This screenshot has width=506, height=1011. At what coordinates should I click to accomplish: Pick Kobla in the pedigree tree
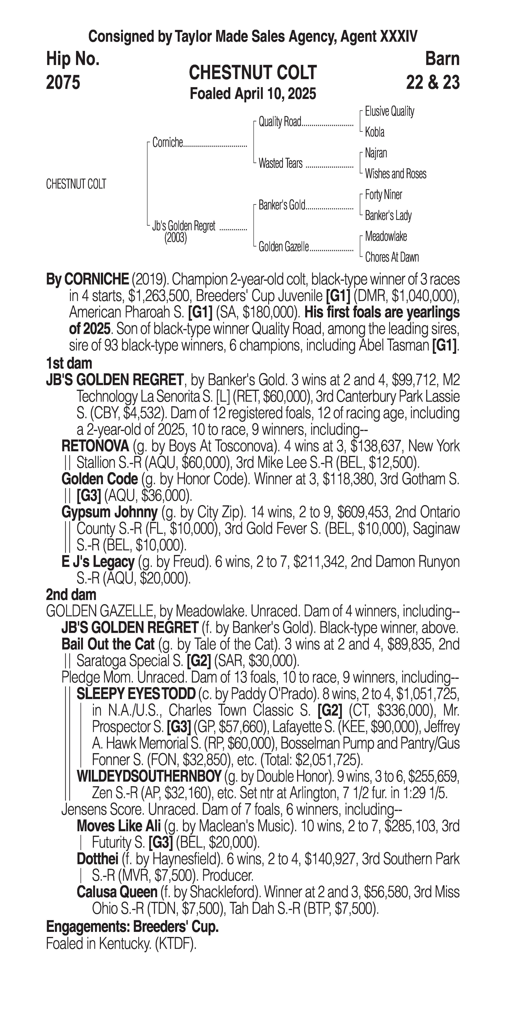pyautogui.click(x=375, y=132)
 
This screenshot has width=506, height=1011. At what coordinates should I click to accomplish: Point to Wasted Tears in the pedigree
pyautogui.click(x=280, y=163)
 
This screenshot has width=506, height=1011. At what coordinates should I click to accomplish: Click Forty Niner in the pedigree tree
pyautogui.click(x=383, y=195)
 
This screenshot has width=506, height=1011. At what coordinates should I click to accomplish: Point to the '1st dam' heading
pyautogui.click(x=69, y=363)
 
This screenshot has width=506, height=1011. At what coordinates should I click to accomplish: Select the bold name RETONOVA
pyautogui.click(x=95, y=446)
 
